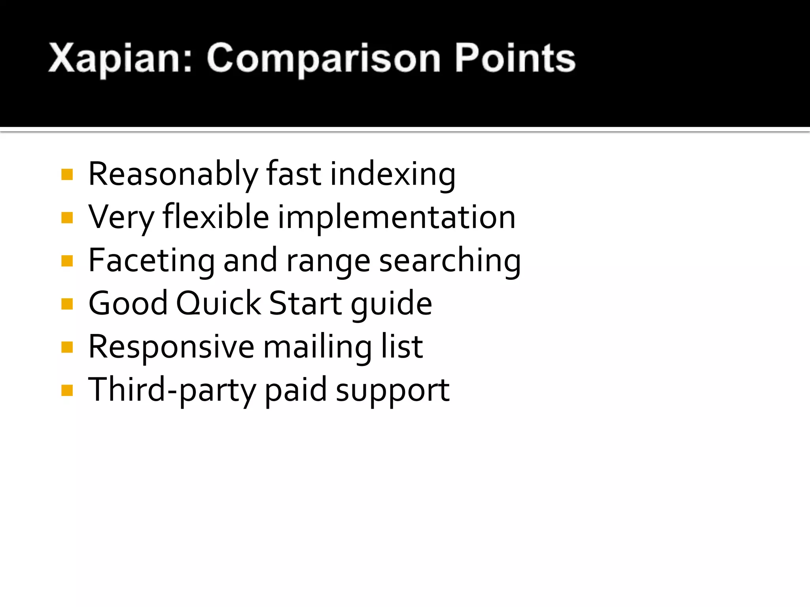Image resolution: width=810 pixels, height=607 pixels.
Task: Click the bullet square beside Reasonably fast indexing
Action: pyautogui.click(x=67, y=174)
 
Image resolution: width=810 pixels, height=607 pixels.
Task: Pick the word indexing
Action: pyautogui.click(x=393, y=174)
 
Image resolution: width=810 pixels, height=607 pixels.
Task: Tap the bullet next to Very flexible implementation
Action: pyautogui.click(x=67, y=217)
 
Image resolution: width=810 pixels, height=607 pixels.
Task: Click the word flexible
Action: pyautogui.click(x=216, y=217)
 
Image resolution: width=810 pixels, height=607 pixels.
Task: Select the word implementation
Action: pyautogui.click(x=397, y=217)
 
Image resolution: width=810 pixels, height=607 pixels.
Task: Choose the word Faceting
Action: pyautogui.click(x=151, y=260)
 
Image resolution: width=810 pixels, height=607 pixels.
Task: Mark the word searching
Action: pyautogui.click(x=450, y=260)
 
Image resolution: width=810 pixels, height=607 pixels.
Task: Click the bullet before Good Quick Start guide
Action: pyautogui.click(x=67, y=304)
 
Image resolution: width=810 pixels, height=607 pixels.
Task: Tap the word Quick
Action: pyautogui.click(x=218, y=304)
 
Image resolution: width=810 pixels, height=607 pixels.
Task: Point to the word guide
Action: pyautogui.click(x=391, y=304)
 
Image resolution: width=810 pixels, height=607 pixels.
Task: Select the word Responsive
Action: pyautogui.click(x=171, y=347)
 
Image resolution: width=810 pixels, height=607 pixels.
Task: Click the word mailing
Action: pyautogui.click(x=317, y=347)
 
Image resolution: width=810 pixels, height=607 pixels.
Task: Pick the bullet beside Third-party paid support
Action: pyautogui.click(x=67, y=390)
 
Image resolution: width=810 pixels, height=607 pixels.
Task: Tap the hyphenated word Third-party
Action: pyautogui.click(x=172, y=390)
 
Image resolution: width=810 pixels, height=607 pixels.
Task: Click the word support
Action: pyautogui.click(x=392, y=390)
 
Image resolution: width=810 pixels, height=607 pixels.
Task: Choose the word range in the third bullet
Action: pyautogui.click(x=328, y=260)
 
